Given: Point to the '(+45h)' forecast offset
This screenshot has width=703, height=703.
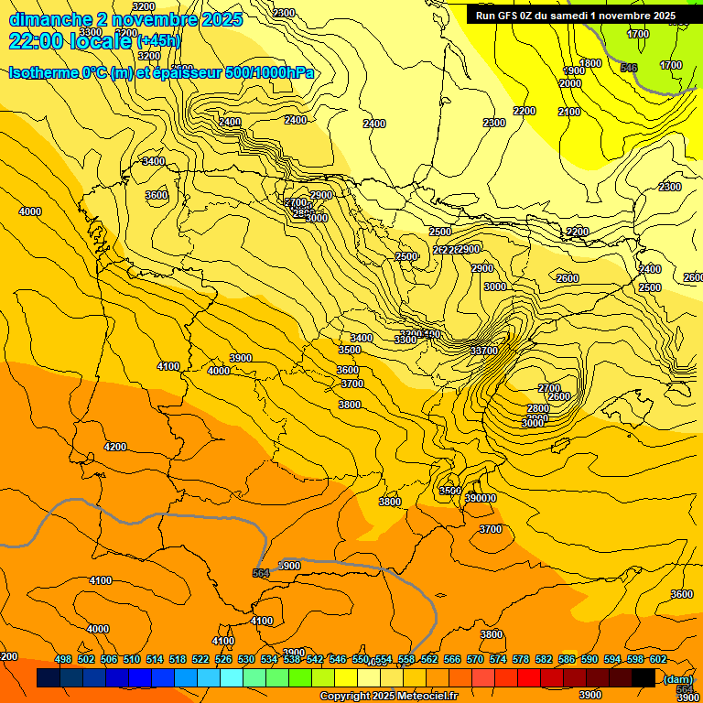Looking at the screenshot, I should coord(158,41).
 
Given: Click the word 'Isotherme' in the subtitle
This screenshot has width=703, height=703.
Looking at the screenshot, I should coord(42,73).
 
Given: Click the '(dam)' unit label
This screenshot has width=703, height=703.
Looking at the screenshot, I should coord(676,679).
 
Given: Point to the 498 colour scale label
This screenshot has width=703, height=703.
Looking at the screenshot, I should coord(63,660).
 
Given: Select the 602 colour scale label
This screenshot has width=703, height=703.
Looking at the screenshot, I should coord(658,660).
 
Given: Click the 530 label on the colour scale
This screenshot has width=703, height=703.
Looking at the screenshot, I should coord(246,660).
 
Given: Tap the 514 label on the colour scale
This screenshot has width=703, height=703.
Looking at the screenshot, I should coord(155,660).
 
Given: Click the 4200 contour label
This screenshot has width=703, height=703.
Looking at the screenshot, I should coord(115,447).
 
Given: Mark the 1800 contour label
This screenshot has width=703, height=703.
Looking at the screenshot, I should coord(590,63).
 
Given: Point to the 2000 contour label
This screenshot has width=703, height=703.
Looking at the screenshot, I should coord(570,83).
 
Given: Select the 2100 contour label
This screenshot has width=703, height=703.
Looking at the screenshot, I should coord(569,112).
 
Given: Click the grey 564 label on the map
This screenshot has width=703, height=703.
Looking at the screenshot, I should coord(261,573).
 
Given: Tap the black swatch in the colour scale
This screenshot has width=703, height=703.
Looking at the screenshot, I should coord(644,678).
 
